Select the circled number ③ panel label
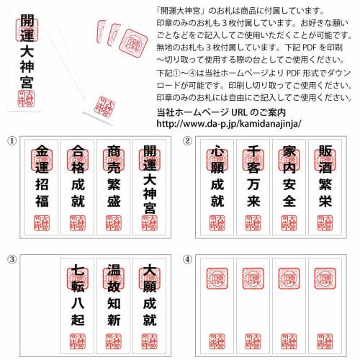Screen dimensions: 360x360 coord(11,258)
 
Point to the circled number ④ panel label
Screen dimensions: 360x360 coord(187,258)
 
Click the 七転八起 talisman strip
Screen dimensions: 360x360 coord(78,306)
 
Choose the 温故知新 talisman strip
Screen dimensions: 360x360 coord(114,306)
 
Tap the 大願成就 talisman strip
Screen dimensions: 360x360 coord(149,306)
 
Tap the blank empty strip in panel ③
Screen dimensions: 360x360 coord(42,306)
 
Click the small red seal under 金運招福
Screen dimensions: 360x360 coord(42,222)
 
